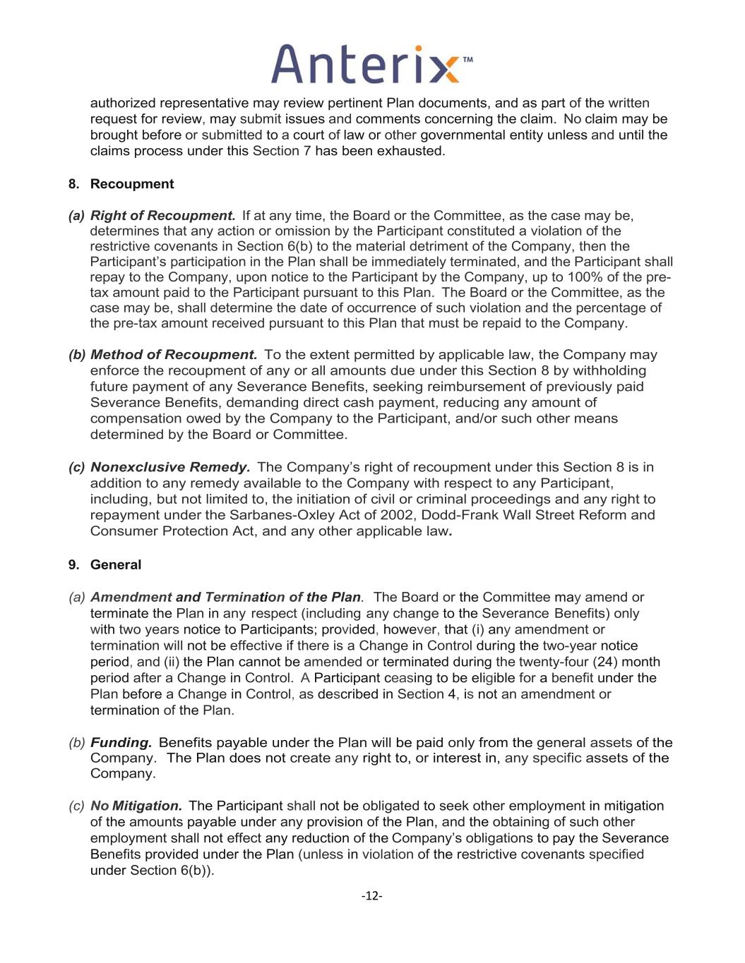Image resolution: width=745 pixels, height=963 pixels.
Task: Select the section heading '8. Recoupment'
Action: click(121, 184)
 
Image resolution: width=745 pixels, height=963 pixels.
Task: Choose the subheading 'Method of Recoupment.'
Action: click(174, 355)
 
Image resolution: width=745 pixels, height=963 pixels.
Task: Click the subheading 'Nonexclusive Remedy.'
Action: click(170, 467)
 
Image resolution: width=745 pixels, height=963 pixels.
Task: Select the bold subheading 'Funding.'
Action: click(121, 742)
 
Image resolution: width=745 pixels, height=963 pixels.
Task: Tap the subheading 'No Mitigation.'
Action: click(136, 806)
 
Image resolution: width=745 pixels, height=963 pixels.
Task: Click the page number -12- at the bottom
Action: click(372, 896)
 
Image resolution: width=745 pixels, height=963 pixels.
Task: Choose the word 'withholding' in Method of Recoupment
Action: click(610, 371)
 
